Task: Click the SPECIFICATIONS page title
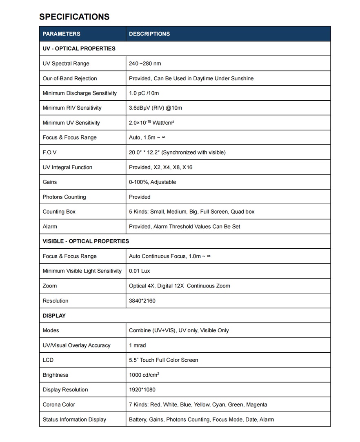(74, 17)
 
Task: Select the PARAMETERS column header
(62, 34)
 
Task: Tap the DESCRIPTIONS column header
(149, 34)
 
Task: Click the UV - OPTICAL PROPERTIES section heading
(79, 49)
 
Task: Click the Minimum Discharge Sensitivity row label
(80, 93)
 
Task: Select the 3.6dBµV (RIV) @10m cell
(156, 108)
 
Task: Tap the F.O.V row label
(50, 152)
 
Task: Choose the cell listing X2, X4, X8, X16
(160, 167)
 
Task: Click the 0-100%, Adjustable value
(152, 182)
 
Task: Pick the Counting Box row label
(59, 212)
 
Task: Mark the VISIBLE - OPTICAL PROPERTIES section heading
(86, 241)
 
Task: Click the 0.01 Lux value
(140, 271)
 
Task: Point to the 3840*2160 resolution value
(142, 301)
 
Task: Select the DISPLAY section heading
(54, 316)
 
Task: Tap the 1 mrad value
(137, 345)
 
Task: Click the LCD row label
(48, 360)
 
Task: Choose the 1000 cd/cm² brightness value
(144, 375)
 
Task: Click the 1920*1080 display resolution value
(142, 390)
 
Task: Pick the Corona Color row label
(59, 404)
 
